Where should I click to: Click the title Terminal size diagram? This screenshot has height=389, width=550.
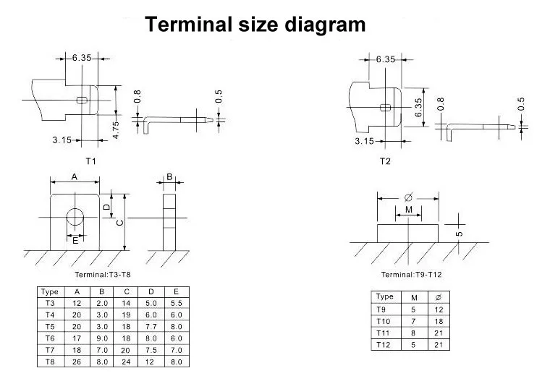click(x=255, y=25)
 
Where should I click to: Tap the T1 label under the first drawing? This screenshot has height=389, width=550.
click(x=91, y=161)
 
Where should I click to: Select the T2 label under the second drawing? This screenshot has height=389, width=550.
click(x=385, y=161)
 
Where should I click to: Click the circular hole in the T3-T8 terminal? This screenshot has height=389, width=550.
click(x=75, y=218)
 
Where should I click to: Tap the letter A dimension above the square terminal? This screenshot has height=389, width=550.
click(x=75, y=176)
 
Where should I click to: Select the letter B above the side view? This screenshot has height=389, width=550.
click(x=169, y=176)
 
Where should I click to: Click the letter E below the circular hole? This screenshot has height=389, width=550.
click(x=75, y=240)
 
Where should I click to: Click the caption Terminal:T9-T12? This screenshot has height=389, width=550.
click(x=411, y=275)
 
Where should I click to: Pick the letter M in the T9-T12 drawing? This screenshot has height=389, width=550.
click(x=409, y=210)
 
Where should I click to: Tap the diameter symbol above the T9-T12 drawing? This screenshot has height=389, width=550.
click(x=408, y=196)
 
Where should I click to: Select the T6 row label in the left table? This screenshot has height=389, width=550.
click(x=49, y=338)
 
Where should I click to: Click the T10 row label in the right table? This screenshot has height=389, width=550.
click(x=384, y=320)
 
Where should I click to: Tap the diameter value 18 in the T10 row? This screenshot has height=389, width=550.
click(x=439, y=320)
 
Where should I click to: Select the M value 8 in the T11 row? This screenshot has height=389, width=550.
click(x=413, y=332)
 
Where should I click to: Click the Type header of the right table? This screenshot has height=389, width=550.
click(x=385, y=296)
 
